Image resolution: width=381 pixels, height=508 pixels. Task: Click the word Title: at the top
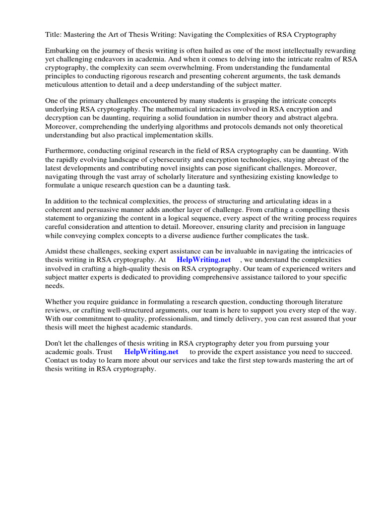pos(54,34)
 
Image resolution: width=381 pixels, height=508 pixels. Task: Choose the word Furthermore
pos(66,151)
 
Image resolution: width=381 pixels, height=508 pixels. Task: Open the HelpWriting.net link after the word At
pos(203,260)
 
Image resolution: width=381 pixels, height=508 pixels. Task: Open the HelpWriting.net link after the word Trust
pos(151,352)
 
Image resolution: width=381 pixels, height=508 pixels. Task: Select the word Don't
pos(55,344)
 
